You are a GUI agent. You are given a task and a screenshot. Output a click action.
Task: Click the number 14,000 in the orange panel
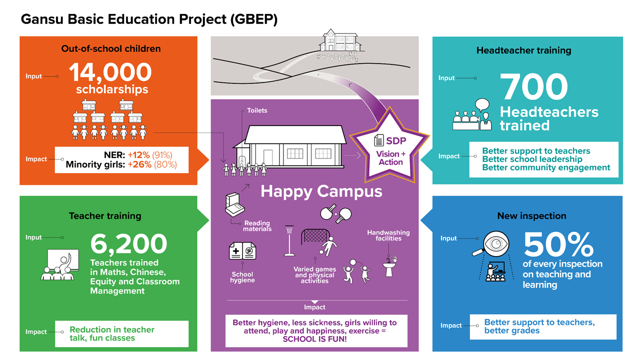click(110, 72)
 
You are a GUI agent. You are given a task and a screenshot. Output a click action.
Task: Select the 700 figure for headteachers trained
click(534, 87)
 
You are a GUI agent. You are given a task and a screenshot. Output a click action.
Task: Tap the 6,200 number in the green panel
click(128, 244)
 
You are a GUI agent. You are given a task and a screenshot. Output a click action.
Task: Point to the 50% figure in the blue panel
click(558, 244)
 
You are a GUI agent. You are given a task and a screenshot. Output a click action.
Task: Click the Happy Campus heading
click(321, 191)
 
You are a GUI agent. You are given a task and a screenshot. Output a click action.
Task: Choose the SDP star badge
click(390, 150)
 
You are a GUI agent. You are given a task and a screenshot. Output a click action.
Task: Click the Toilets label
click(257, 110)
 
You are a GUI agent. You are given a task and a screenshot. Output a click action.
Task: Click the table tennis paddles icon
click(336, 213)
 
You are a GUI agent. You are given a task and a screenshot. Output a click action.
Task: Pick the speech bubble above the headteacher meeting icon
click(482, 105)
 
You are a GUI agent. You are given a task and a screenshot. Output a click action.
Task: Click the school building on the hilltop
click(339, 39)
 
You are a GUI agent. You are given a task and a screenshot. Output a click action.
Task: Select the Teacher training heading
click(105, 216)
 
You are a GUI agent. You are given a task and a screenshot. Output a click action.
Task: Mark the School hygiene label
click(242, 277)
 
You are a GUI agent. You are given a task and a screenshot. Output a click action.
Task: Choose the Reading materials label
click(257, 226)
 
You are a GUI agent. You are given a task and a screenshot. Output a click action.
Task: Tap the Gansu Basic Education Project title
click(149, 19)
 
